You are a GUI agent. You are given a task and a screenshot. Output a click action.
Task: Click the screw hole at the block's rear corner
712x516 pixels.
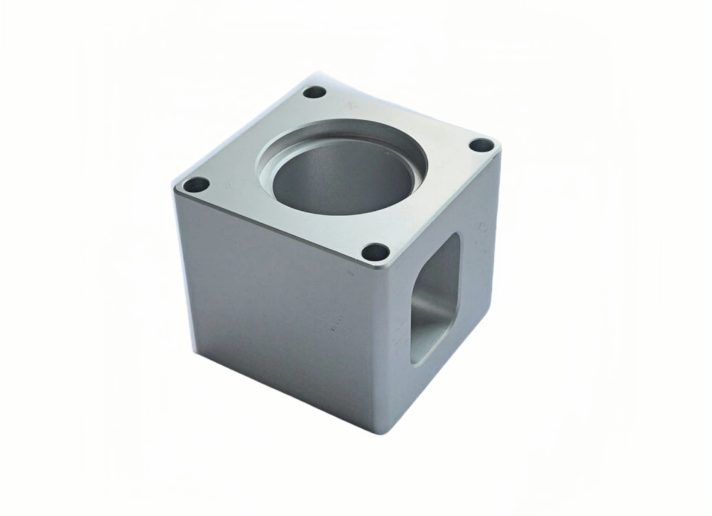click(314, 92)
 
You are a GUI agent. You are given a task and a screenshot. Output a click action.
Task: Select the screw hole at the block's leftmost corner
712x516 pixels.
click(196, 185)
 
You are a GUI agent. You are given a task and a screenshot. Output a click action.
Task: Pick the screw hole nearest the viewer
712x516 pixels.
click(376, 252)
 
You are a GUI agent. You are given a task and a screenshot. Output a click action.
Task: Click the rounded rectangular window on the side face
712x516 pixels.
click(436, 297)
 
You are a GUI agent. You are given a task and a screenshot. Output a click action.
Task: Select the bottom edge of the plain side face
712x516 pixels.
click(285, 392)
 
